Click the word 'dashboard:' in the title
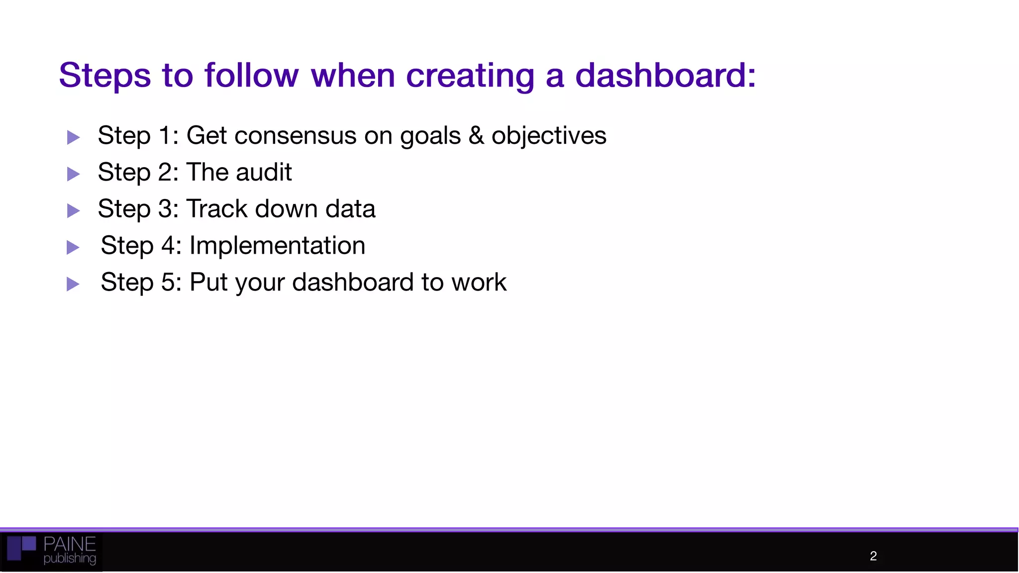click(665, 76)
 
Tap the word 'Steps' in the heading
click(104, 76)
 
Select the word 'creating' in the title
click(470, 76)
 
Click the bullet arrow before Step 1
click(73, 137)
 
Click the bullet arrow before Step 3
click(73, 210)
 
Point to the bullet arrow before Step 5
click(73, 284)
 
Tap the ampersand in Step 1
click(476, 136)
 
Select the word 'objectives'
click(549, 136)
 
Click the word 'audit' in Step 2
click(264, 173)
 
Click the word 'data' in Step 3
click(350, 209)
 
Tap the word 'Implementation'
click(277, 246)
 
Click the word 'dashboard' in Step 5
click(353, 283)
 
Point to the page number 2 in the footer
click(873, 556)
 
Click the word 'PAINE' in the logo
click(69, 544)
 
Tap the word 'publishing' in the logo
click(69, 559)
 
